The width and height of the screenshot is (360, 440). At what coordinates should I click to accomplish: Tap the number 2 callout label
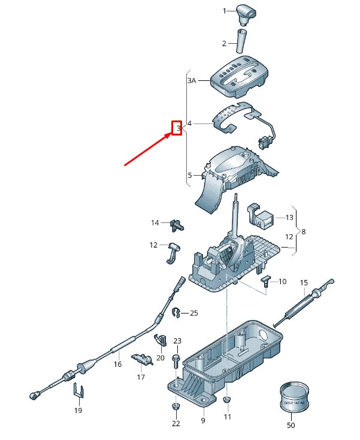224,43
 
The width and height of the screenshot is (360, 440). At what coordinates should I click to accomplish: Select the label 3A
191,80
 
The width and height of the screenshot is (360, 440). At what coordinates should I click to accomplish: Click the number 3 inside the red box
177,128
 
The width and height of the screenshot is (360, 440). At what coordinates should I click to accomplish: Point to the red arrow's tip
171,135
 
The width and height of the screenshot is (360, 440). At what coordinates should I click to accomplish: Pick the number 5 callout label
189,176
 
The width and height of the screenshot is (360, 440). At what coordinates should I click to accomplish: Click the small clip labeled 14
176,224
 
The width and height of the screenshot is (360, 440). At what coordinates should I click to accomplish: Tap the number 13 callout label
289,217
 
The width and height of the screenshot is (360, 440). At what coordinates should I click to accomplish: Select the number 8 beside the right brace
303,231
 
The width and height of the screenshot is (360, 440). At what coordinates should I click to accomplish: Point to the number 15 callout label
303,282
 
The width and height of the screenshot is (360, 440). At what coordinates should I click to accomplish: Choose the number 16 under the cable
117,364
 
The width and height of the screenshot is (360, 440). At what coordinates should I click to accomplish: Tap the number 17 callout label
141,378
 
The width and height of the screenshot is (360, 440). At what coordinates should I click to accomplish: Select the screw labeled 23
176,360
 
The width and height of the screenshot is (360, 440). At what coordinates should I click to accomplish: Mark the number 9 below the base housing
202,421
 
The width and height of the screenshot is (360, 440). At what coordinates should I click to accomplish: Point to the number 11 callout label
227,417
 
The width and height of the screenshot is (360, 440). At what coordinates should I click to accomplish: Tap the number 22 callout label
176,424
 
